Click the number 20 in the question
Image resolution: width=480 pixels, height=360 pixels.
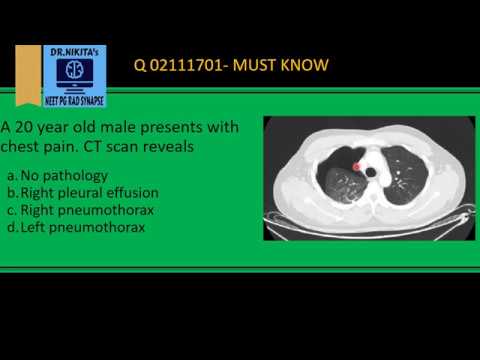point(28,128)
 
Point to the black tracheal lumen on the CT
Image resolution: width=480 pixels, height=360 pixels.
point(371,172)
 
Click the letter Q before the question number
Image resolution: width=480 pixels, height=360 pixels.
point(140,67)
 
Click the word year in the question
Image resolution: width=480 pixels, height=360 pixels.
point(60,128)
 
